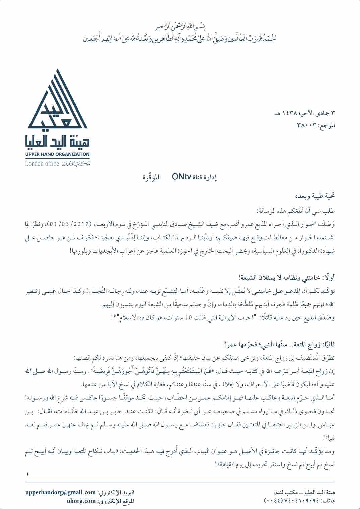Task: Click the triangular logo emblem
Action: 57,100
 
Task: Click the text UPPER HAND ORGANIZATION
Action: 57,154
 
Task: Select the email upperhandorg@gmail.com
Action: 61,492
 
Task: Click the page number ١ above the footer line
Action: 27,475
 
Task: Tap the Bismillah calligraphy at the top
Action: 181,26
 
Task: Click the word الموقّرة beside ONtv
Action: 151,177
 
